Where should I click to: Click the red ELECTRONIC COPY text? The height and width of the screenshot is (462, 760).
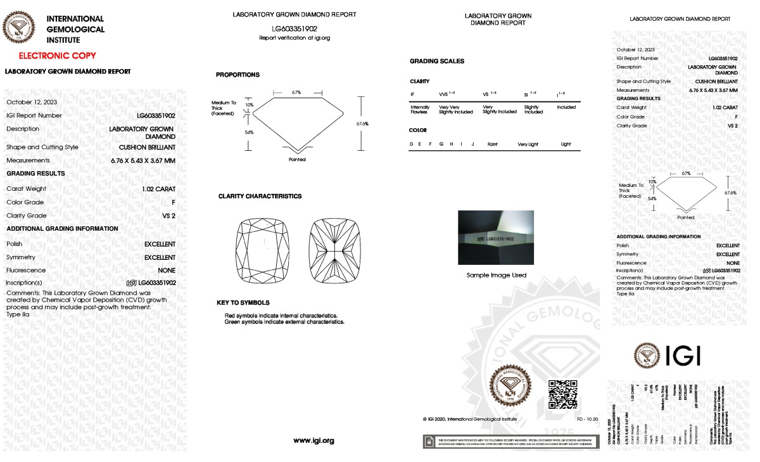point(57,56)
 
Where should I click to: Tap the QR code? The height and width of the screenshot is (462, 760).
point(562,394)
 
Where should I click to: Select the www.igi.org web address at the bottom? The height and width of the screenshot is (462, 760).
point(313,440)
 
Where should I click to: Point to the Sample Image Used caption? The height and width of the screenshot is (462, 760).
point(496,275)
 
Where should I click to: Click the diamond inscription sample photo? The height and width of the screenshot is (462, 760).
point(496,238)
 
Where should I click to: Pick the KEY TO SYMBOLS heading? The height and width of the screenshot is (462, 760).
point(243,303)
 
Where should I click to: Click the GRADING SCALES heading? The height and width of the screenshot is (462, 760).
point(437,61)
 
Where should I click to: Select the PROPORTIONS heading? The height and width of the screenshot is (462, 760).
point(237,75)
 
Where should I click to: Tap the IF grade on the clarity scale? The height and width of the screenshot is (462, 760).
point(413,94)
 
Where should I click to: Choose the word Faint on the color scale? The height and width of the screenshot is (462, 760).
point(492,144)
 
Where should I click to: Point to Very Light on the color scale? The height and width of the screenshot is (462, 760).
point(528,144)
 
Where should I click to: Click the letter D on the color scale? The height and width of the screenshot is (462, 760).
point(412,144)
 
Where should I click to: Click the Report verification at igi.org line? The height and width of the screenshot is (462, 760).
point(294,38)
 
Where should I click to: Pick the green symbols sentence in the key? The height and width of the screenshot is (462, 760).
point(284,322)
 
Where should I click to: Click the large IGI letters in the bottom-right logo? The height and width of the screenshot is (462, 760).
point(682,356)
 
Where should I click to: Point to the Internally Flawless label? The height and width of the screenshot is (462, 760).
point(420,109)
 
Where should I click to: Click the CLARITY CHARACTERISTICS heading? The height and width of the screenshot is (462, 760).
point(260,196)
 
